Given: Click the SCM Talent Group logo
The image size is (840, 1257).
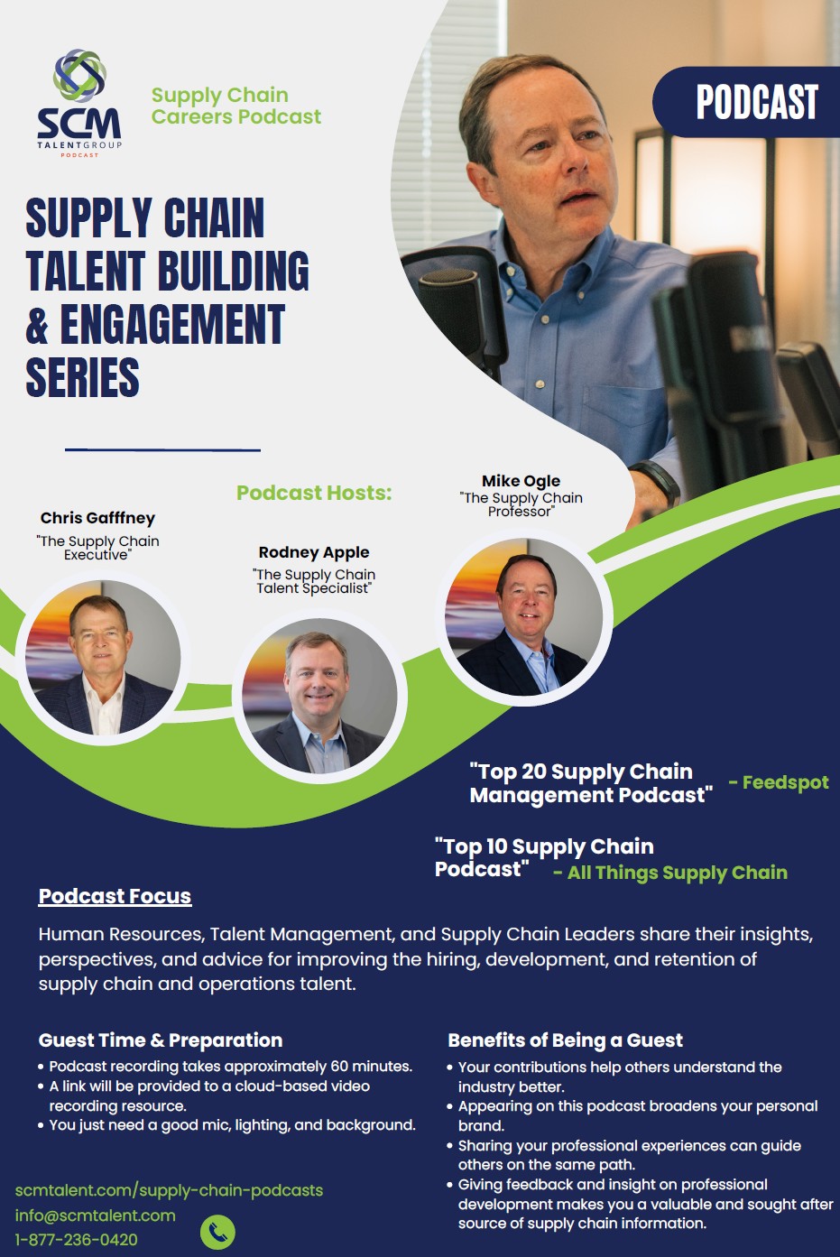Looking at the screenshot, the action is [79, 103].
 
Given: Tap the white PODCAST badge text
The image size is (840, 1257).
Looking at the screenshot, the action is [757, 102].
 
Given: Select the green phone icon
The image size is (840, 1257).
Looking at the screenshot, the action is [217, 1233].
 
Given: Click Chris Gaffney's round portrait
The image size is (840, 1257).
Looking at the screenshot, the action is [102, 657].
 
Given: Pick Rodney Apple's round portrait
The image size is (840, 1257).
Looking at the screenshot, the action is [319, 696].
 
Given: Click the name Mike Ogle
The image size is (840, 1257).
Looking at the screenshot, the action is [521, 481].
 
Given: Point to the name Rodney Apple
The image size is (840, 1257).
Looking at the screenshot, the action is [314, 552].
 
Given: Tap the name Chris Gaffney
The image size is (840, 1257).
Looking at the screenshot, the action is [97, 518].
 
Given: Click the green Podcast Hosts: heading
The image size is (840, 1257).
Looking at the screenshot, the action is [314, 493].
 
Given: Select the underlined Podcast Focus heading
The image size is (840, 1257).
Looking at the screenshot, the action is [115, 896].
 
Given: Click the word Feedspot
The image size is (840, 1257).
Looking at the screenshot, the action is [785, 782].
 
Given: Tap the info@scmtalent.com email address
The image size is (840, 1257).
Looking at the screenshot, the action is [95, 1215].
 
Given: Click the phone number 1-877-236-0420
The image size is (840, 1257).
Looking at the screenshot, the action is [76, 1240].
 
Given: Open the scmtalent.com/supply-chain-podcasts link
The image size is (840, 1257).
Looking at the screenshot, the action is [169, 1191].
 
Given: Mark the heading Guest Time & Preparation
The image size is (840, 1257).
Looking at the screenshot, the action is [161, 1040].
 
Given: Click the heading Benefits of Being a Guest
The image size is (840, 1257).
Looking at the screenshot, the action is [565, 1040].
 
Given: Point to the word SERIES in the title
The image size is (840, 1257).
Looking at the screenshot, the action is [82, 377].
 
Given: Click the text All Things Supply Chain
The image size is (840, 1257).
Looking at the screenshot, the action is [678, 873].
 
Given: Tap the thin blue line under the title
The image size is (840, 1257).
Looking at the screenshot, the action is [162, 449].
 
